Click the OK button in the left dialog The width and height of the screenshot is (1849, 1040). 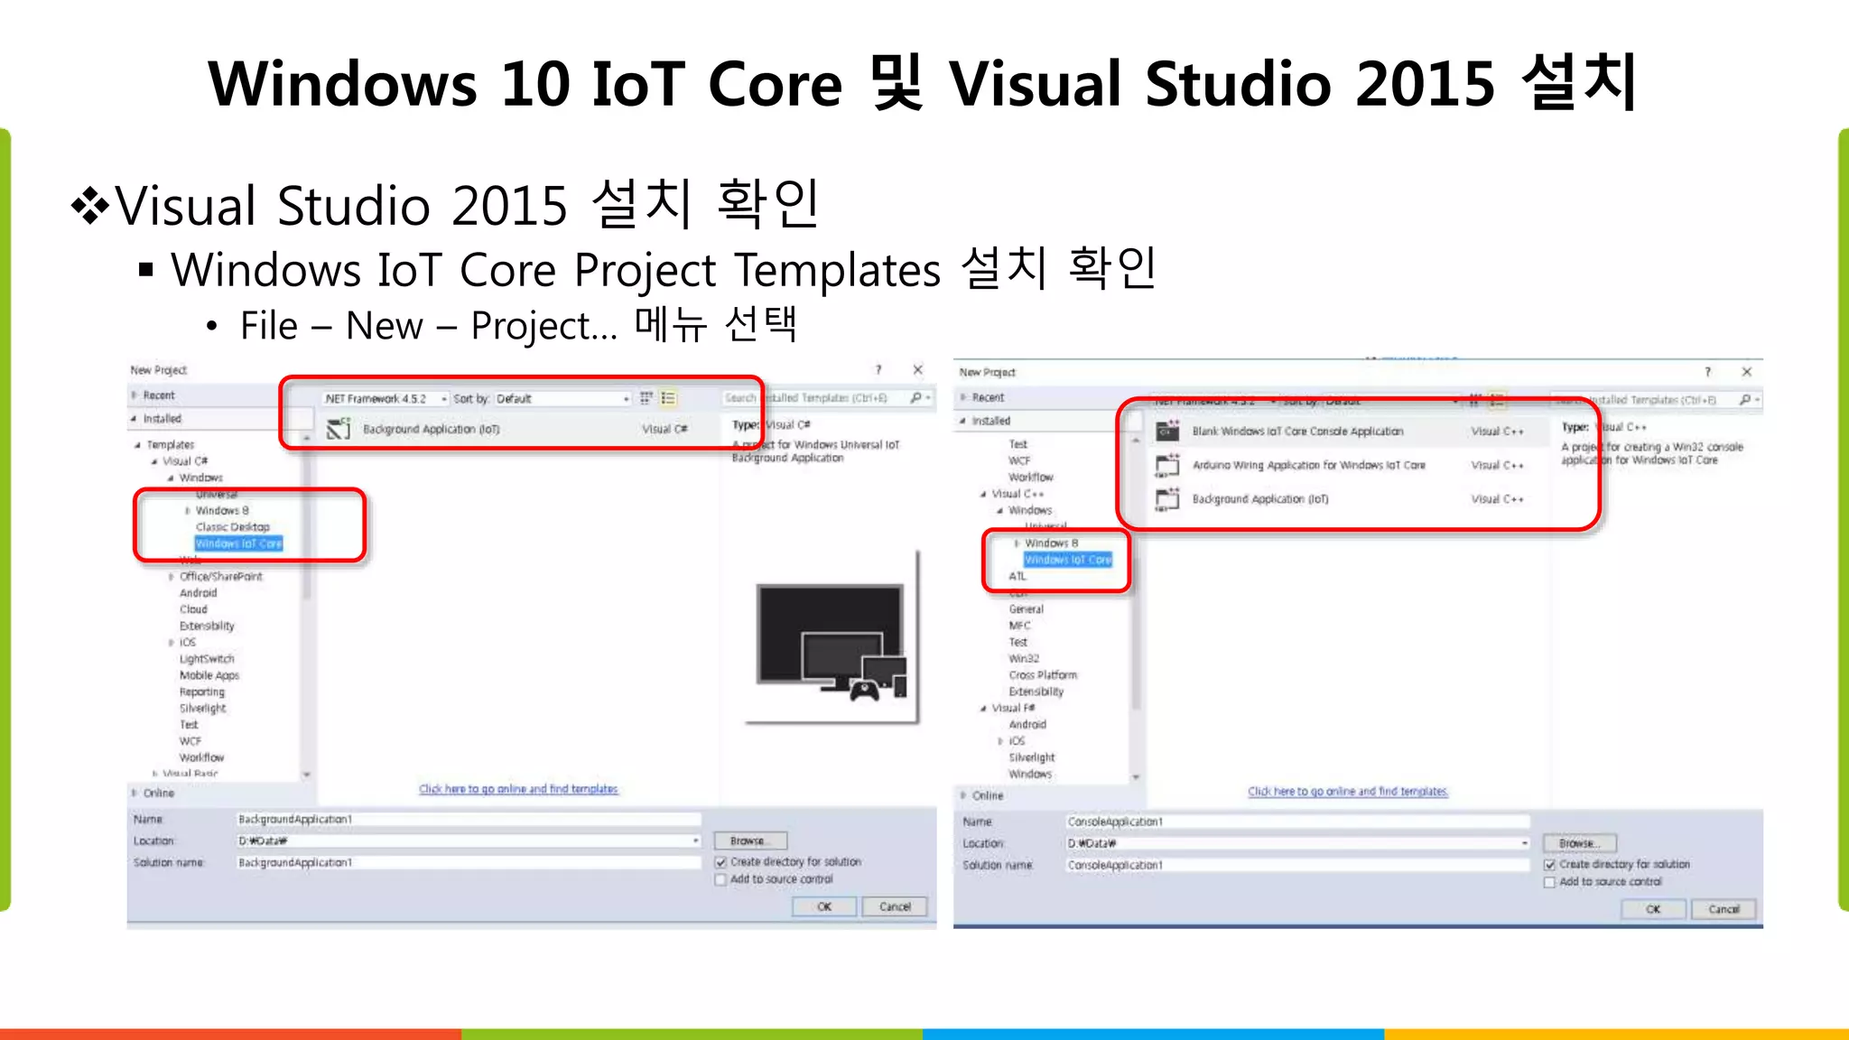pos(823,906)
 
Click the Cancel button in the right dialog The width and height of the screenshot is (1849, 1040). pos(1723,909)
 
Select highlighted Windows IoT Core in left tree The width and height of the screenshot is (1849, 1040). pos(239,543)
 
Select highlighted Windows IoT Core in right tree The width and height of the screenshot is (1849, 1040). pos(1068,560)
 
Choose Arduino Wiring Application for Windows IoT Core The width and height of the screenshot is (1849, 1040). pos(1308,466)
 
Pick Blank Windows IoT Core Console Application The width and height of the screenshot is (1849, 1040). pos(1297,432)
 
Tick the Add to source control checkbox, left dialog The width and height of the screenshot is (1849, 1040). pos(720,880)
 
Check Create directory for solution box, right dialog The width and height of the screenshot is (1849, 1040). pos(1549,865)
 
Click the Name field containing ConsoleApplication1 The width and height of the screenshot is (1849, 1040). pos(1296,822)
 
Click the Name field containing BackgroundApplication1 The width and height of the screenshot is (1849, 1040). pos(468,820)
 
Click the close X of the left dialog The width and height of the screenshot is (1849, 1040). pos(917,370)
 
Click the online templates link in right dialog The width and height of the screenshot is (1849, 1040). pos(1347,792)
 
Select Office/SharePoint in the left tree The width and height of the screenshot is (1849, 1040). pos(220,577)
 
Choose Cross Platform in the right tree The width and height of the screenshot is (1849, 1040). pos(1043,675)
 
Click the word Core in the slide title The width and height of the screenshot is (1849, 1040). pos(775,84)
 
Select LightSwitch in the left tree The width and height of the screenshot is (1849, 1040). pos(207,659)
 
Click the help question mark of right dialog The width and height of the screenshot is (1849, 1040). pos(1706,372)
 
